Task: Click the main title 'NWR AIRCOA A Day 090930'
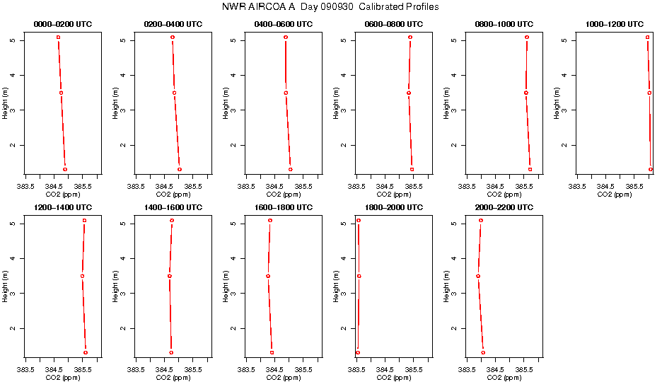[330, 7]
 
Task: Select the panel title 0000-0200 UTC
[62, 25]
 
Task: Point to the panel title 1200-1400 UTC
[62, 208]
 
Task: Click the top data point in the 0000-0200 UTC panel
[58, 37]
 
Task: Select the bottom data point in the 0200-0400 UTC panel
[180, 169]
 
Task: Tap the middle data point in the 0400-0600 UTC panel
[286, 93]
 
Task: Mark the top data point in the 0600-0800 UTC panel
[410, 37]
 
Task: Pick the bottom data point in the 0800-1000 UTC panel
[530, 169]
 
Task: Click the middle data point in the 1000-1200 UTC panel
[649, 93]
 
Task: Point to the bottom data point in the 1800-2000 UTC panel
[358, 352]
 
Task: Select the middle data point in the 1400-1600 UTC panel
[169, 276]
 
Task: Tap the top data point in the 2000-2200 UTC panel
[481, 221]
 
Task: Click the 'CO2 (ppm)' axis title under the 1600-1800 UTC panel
[281, 378]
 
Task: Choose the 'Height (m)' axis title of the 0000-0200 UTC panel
[6, 103]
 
